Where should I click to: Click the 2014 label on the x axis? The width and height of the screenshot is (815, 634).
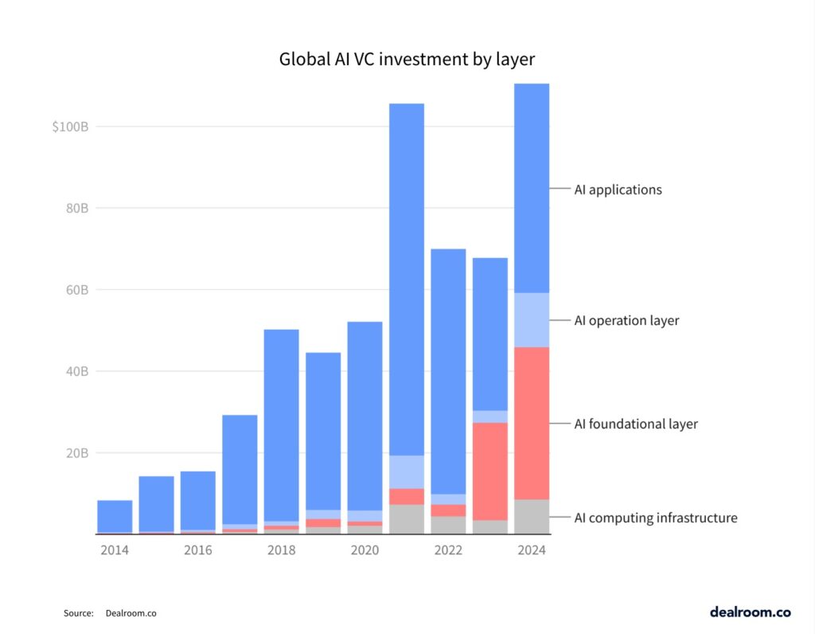[114, 550]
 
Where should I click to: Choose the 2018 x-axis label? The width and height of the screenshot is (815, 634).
[281, 550]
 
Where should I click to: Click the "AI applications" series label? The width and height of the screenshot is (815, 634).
[618, 190]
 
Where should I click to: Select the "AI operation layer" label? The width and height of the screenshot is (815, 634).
[626, 320]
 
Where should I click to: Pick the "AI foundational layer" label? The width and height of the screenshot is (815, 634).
[636, 424]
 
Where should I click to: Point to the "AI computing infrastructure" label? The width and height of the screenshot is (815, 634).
[656, 518]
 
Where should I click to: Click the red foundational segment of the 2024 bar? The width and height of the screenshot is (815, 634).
[531, 423]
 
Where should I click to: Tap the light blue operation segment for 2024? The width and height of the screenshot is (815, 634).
[531, 320]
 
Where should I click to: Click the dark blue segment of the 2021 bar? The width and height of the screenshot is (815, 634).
[406, 279]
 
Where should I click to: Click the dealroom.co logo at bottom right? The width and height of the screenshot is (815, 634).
[750, 612]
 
